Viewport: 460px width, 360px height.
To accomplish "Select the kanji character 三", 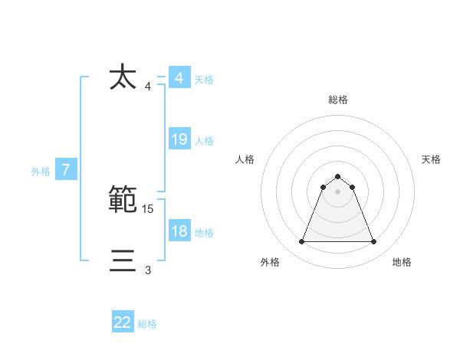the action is click(x=123, y=261).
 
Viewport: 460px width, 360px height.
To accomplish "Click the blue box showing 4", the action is click(x=179, y=78).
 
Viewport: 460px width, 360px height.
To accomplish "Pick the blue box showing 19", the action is click(x=179, y=139).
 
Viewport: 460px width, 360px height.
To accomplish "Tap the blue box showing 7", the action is click(x=66, y=170).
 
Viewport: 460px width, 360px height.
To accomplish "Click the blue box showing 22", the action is click(x=123, y=322).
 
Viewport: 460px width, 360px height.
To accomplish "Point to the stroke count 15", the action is click(x=149, y=208).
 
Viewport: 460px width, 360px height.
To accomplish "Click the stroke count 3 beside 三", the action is click(x=148, y=270).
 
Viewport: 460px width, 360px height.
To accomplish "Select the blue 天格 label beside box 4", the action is click(x=204, y=80).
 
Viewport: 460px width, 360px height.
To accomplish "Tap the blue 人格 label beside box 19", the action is click(x=204, y=141).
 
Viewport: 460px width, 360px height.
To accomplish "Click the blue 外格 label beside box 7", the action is click(x=41, y=172).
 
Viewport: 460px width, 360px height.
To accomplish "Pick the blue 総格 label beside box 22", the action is click(x=147, y=324).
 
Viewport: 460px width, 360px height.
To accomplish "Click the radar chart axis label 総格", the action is click(x=337, y=100).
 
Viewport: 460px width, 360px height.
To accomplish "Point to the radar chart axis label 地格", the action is click(x=402, y=262).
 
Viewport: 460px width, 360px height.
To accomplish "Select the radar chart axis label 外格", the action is click(x=270, y=262).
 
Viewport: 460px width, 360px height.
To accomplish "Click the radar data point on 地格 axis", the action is click(x=373, y=242).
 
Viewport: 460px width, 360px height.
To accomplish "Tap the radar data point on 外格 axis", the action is click(x=301, y=242).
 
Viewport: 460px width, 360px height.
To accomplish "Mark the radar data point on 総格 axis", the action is click(x=337, y=177).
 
